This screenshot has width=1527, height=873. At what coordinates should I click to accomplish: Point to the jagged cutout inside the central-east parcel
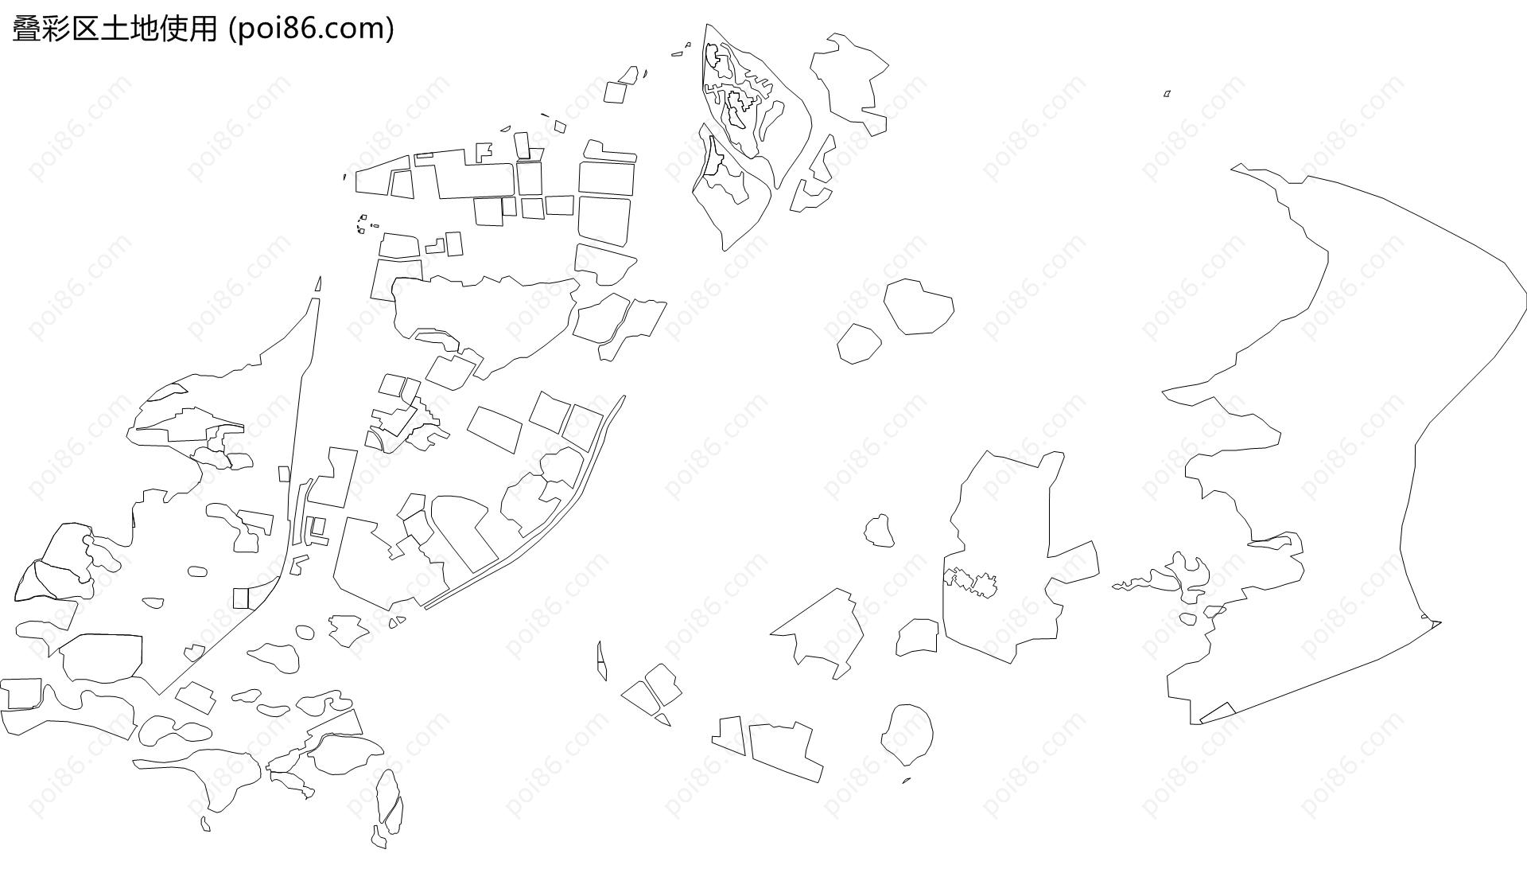coord(970,582)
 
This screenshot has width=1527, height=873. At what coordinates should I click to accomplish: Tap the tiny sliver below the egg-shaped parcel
coord(906,781)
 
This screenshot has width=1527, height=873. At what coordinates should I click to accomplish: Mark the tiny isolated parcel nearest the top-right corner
coord(1167,94)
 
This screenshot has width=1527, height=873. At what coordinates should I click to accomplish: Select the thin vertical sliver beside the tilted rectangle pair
coord(601,661)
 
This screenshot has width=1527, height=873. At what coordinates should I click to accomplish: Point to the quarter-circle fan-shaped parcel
coord(375,441)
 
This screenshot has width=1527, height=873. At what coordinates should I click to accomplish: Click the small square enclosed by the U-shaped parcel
coord(317,526)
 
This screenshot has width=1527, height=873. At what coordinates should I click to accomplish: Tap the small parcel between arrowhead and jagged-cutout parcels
coord(918,637)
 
